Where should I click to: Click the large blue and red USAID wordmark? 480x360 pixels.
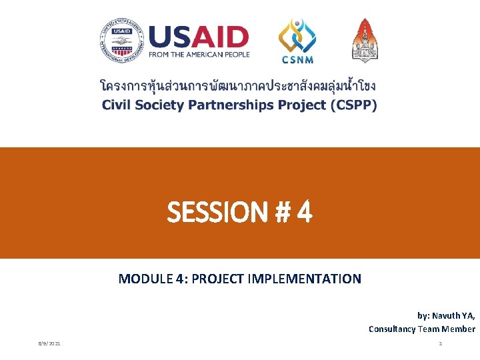pyautogui.click(x=199, y=37)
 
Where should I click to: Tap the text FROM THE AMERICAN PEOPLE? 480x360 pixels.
pyautogui.click(x=199, y=55)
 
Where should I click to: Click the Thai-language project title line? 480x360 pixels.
pyautogui.click(x=238, y=87)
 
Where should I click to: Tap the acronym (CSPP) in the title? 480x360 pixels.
pyautogui.click(x=351, y=105)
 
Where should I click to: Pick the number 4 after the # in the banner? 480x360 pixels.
pyautogui.click(x=304, y=213)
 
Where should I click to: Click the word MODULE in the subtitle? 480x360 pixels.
pyautogui.click(x=141, y=279)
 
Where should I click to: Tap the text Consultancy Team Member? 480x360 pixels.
pyautogui.click(x=421, y=329)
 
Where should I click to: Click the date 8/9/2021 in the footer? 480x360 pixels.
pyautogui.click(x=49, y=343)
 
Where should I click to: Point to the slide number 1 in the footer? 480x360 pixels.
pyautogui.click(x=440, y=343)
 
